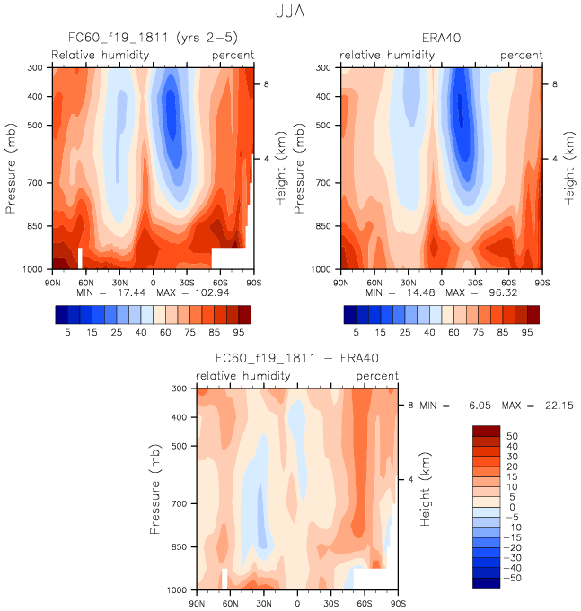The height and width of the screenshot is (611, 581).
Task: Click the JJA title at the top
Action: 289,13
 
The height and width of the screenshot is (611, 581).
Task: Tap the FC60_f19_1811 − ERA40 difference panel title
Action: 296,360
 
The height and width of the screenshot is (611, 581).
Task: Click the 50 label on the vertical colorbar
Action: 513,435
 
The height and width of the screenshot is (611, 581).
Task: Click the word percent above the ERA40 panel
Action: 521,55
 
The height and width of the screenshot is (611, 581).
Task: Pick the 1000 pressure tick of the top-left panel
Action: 33,269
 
